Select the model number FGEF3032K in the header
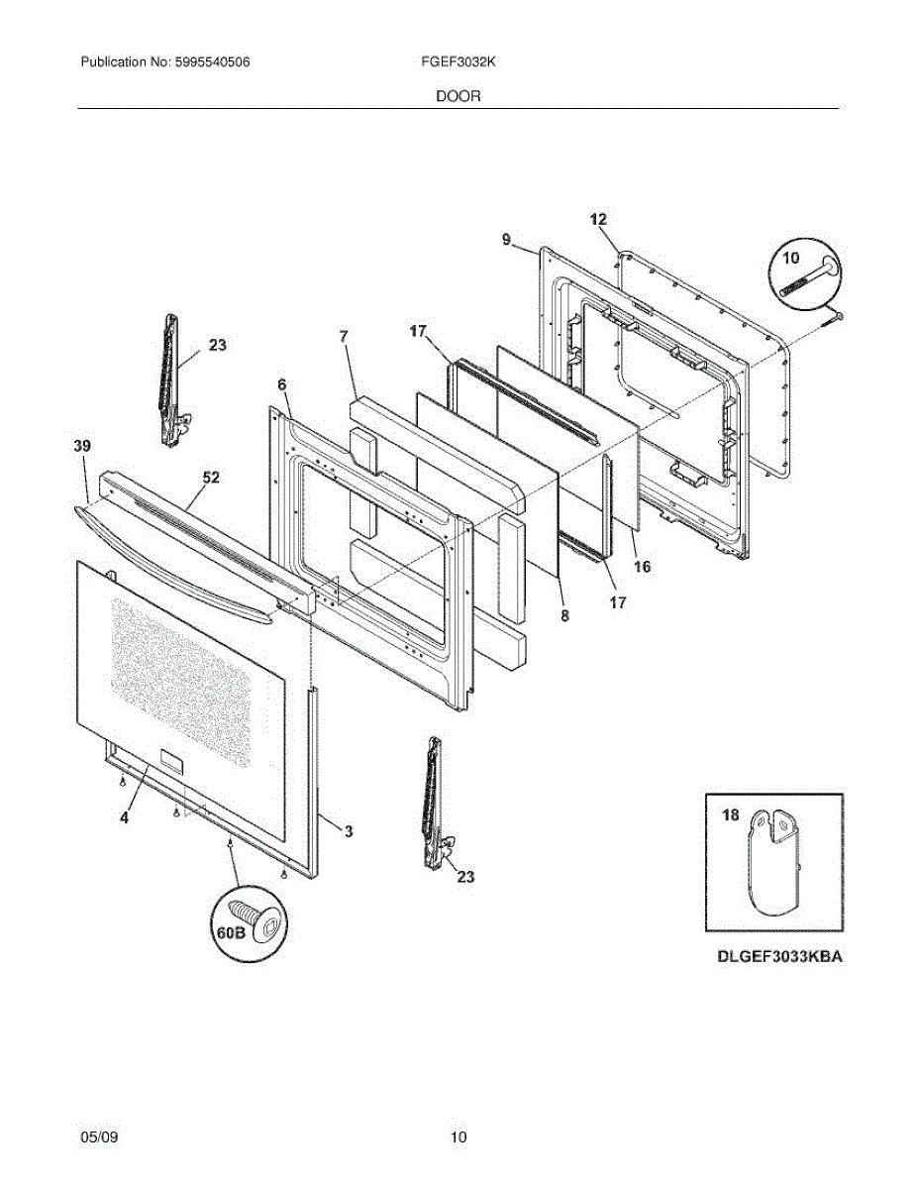[458, 61]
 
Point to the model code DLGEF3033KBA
[780, 958]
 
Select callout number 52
[210, 477]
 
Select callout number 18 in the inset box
[730, 815]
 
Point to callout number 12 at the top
[598, 219]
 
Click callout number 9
[506, 239]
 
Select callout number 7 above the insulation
[344, 337]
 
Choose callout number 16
[642, 567]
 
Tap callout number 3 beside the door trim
[349, 830]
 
